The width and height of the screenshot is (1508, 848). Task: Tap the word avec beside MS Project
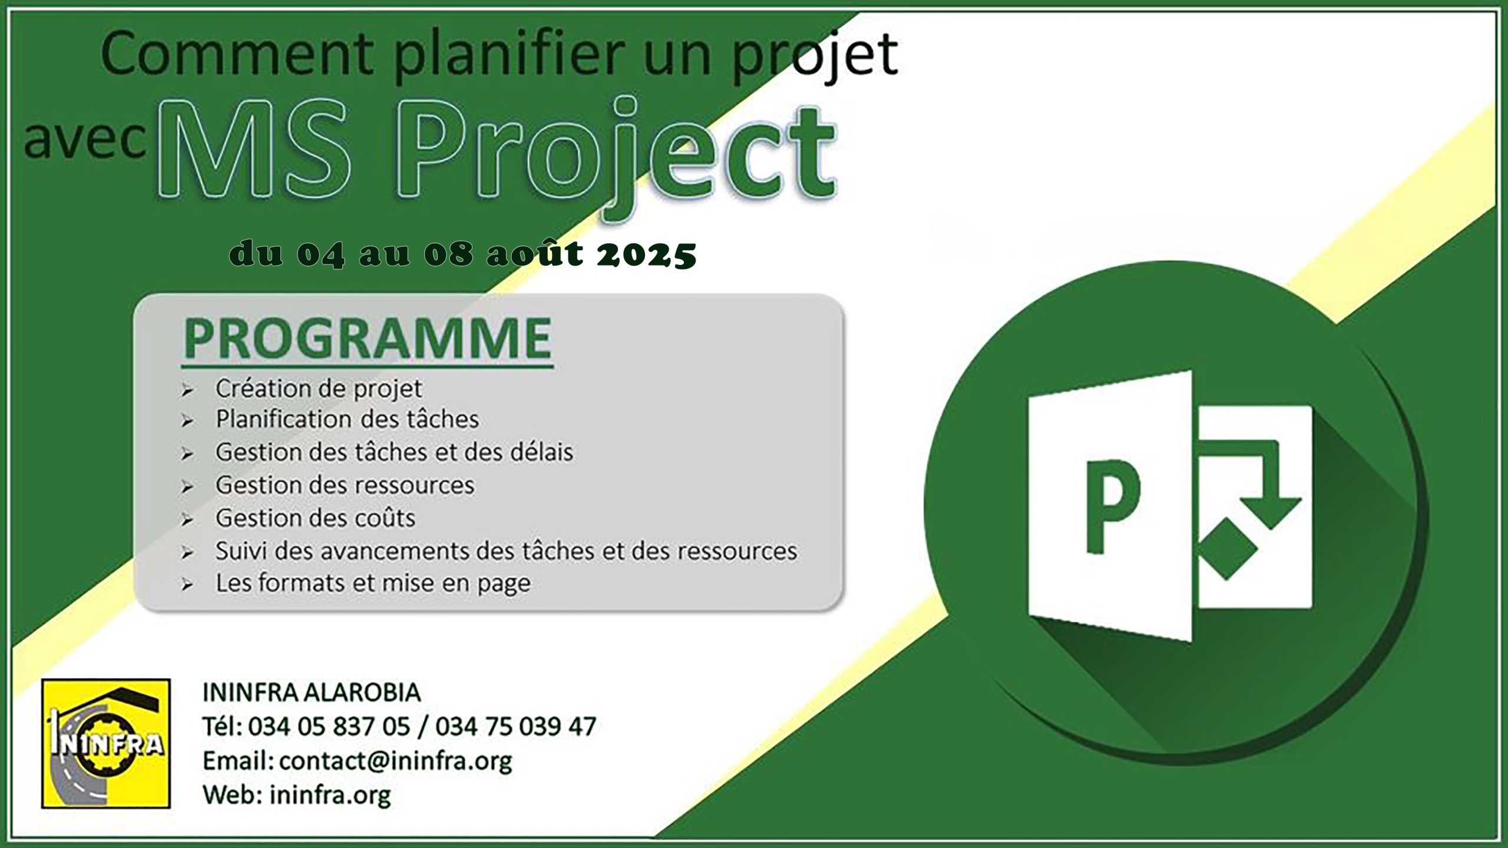[x=85, y=141]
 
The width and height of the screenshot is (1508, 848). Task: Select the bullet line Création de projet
[x=319, y=389]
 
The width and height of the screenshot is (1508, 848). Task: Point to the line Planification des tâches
[x=347, y=419]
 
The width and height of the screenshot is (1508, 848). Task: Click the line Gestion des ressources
[x=345, y=485]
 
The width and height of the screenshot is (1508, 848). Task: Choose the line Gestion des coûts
[x=315, y=518]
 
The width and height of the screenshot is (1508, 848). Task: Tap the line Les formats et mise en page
[x=373, y=583]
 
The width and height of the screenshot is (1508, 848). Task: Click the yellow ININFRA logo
[x=106, y=743]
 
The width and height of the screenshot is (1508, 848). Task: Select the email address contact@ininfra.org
[x=395, y=761]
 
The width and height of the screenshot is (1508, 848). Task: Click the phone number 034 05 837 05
[x=329, y=727]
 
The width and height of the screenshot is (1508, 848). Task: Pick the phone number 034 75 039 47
[x=515, y=727]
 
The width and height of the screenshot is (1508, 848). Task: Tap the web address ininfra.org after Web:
[x=330, y=795]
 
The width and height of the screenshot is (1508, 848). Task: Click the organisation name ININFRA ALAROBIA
[x=312, y=693]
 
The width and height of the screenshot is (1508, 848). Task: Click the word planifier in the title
[x=510, y=54]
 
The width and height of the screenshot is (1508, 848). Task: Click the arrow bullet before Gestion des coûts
[x=187, y=520]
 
